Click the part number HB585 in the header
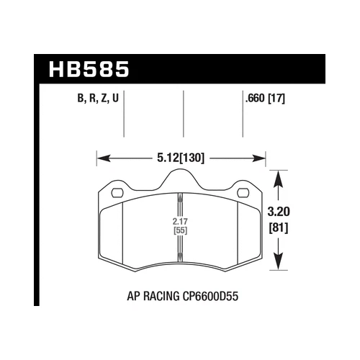pos(89,71)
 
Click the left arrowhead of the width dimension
pos(101,155)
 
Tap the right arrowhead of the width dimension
pos(263,155)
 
